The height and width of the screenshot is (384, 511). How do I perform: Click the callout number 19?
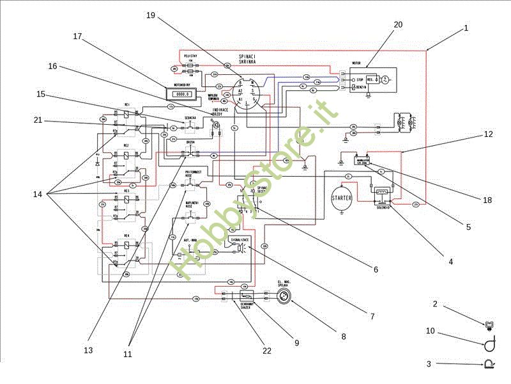click(151, 15)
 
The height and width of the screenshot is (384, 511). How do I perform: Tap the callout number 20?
click(398, 24)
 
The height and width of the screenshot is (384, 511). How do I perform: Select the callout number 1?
click(466, 28)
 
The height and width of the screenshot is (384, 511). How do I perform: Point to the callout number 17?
click(77, 36)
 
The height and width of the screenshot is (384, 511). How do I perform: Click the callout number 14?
click(38, 194)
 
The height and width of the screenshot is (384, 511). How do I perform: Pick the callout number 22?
click(267, 351)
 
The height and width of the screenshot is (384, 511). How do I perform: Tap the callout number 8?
click(343, 335)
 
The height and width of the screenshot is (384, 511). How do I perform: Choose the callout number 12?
click(488, 134)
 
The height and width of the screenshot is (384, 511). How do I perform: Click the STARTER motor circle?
click(341, 198)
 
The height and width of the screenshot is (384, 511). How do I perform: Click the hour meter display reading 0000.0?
click(184, 93)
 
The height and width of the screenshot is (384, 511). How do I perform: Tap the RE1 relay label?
click(127, 104)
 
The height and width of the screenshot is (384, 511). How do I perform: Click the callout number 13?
click(88, 350)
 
